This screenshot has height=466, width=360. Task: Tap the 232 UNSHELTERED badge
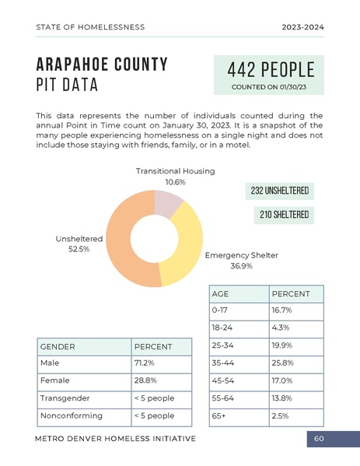point(280,190)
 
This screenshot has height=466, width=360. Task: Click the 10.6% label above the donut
point(175,182)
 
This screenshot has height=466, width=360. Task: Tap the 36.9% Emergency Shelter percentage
point(241,266)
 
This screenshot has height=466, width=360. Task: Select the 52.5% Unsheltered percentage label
point(79,249)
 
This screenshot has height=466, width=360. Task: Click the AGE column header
point(220,294)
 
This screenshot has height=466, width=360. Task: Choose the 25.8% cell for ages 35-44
point(281,363)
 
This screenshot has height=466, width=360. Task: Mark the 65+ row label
point(218,416)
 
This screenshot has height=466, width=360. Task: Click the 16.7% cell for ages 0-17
point(281,310)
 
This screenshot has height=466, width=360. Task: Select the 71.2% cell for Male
point(145,363)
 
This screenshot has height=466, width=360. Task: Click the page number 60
point(319,440)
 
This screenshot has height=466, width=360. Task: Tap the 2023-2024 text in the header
point(302,27)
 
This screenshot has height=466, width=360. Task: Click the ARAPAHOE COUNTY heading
point(102,64)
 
